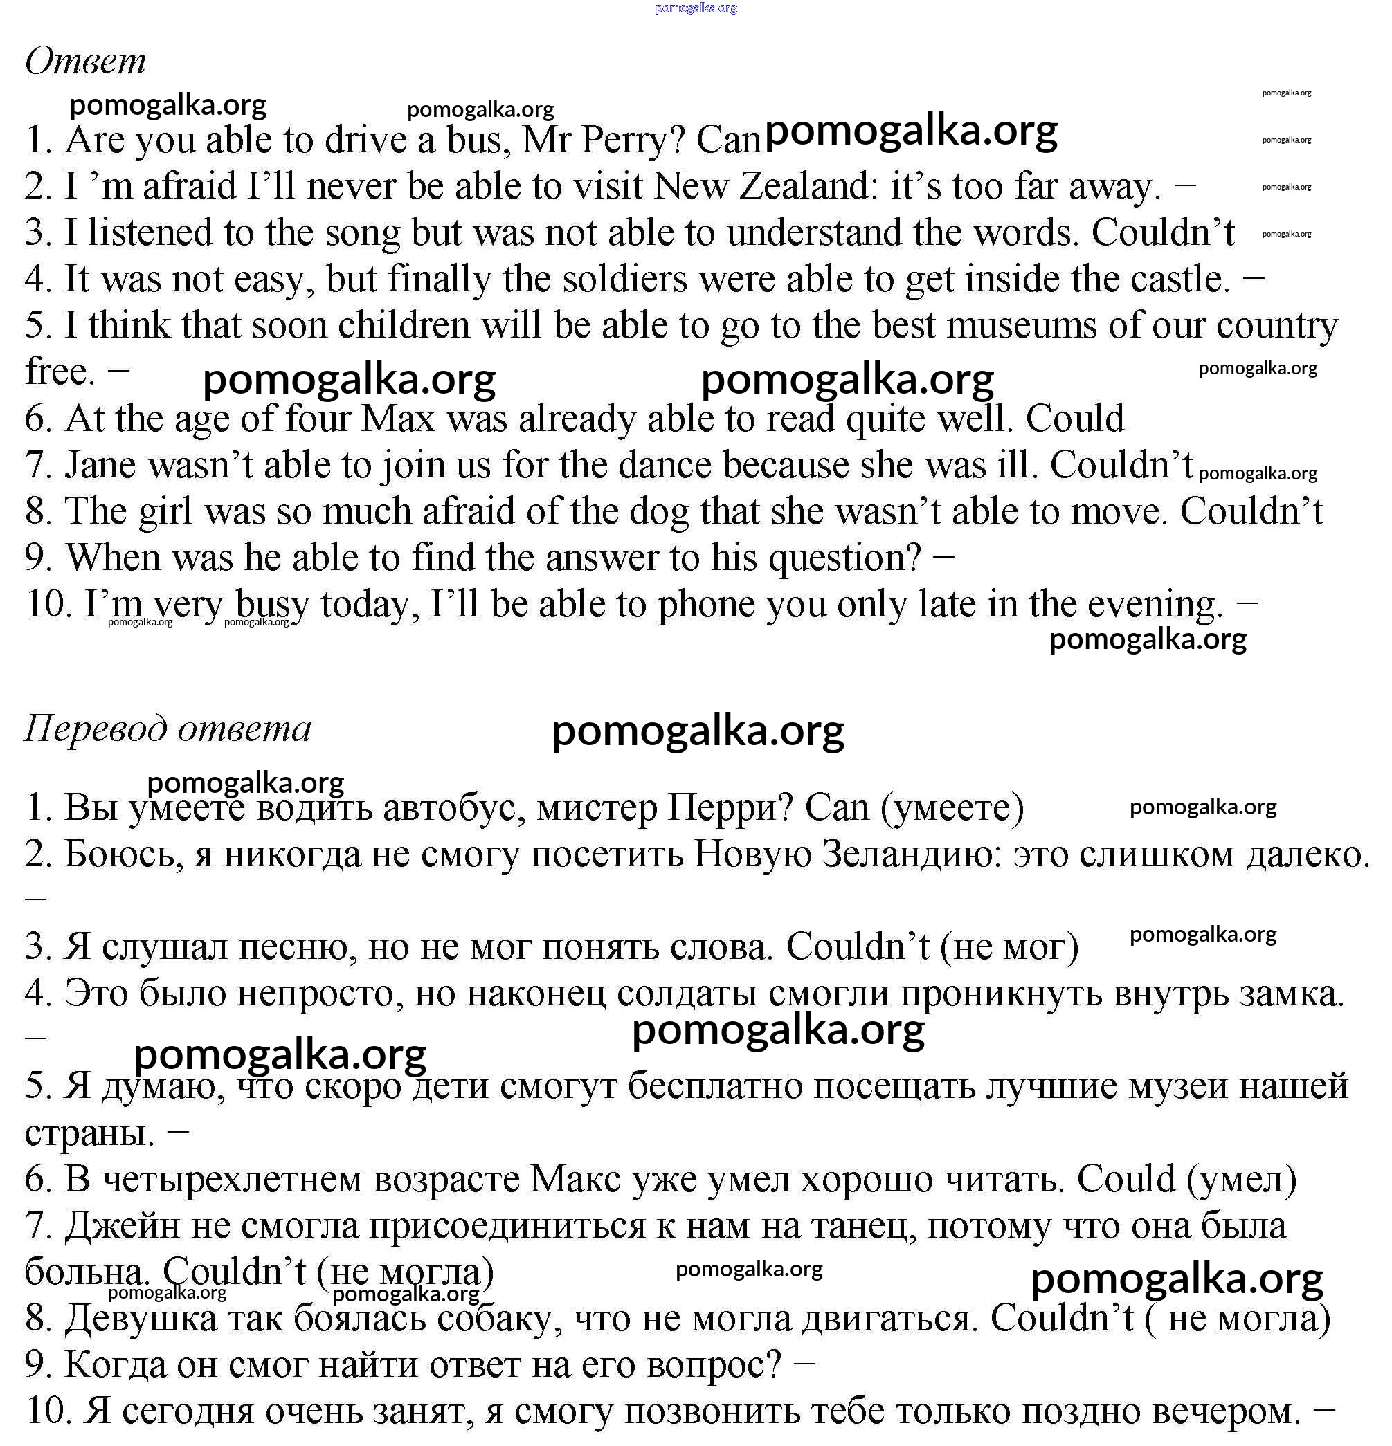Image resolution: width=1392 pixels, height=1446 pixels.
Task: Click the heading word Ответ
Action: pos(86,60)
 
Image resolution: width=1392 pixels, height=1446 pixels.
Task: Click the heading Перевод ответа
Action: pos(168,729)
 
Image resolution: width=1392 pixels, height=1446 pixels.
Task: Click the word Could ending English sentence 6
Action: pos(1075,419)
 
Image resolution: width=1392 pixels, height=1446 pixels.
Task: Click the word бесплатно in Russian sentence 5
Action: pos(714,1087)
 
